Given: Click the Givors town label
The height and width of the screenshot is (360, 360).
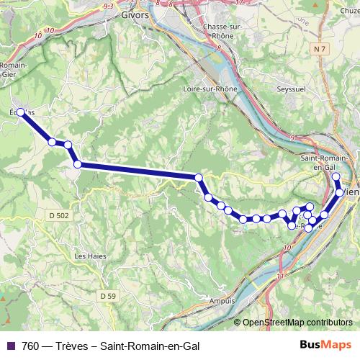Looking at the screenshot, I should (135, 14).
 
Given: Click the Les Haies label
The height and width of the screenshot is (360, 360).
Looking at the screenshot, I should (89, 256).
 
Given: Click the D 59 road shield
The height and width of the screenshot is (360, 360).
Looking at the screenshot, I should (108, 295).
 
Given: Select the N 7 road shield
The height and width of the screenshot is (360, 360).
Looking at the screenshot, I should (320, 48).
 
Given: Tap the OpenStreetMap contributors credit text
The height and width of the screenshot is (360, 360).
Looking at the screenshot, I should (298, 322).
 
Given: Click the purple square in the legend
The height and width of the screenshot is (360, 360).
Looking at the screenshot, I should (9, 346).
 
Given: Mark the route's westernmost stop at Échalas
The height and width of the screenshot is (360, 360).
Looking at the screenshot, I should (21, 112).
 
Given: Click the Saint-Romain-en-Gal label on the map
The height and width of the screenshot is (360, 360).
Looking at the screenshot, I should (325, 163).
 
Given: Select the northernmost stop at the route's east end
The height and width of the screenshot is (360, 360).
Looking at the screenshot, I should (336, 176).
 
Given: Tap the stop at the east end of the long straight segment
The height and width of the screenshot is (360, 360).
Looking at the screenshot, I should (199, 177).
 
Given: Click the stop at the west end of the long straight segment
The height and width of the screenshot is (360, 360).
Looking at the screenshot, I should (77, 165).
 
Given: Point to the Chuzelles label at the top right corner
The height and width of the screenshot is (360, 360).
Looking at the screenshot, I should (348, 12).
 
